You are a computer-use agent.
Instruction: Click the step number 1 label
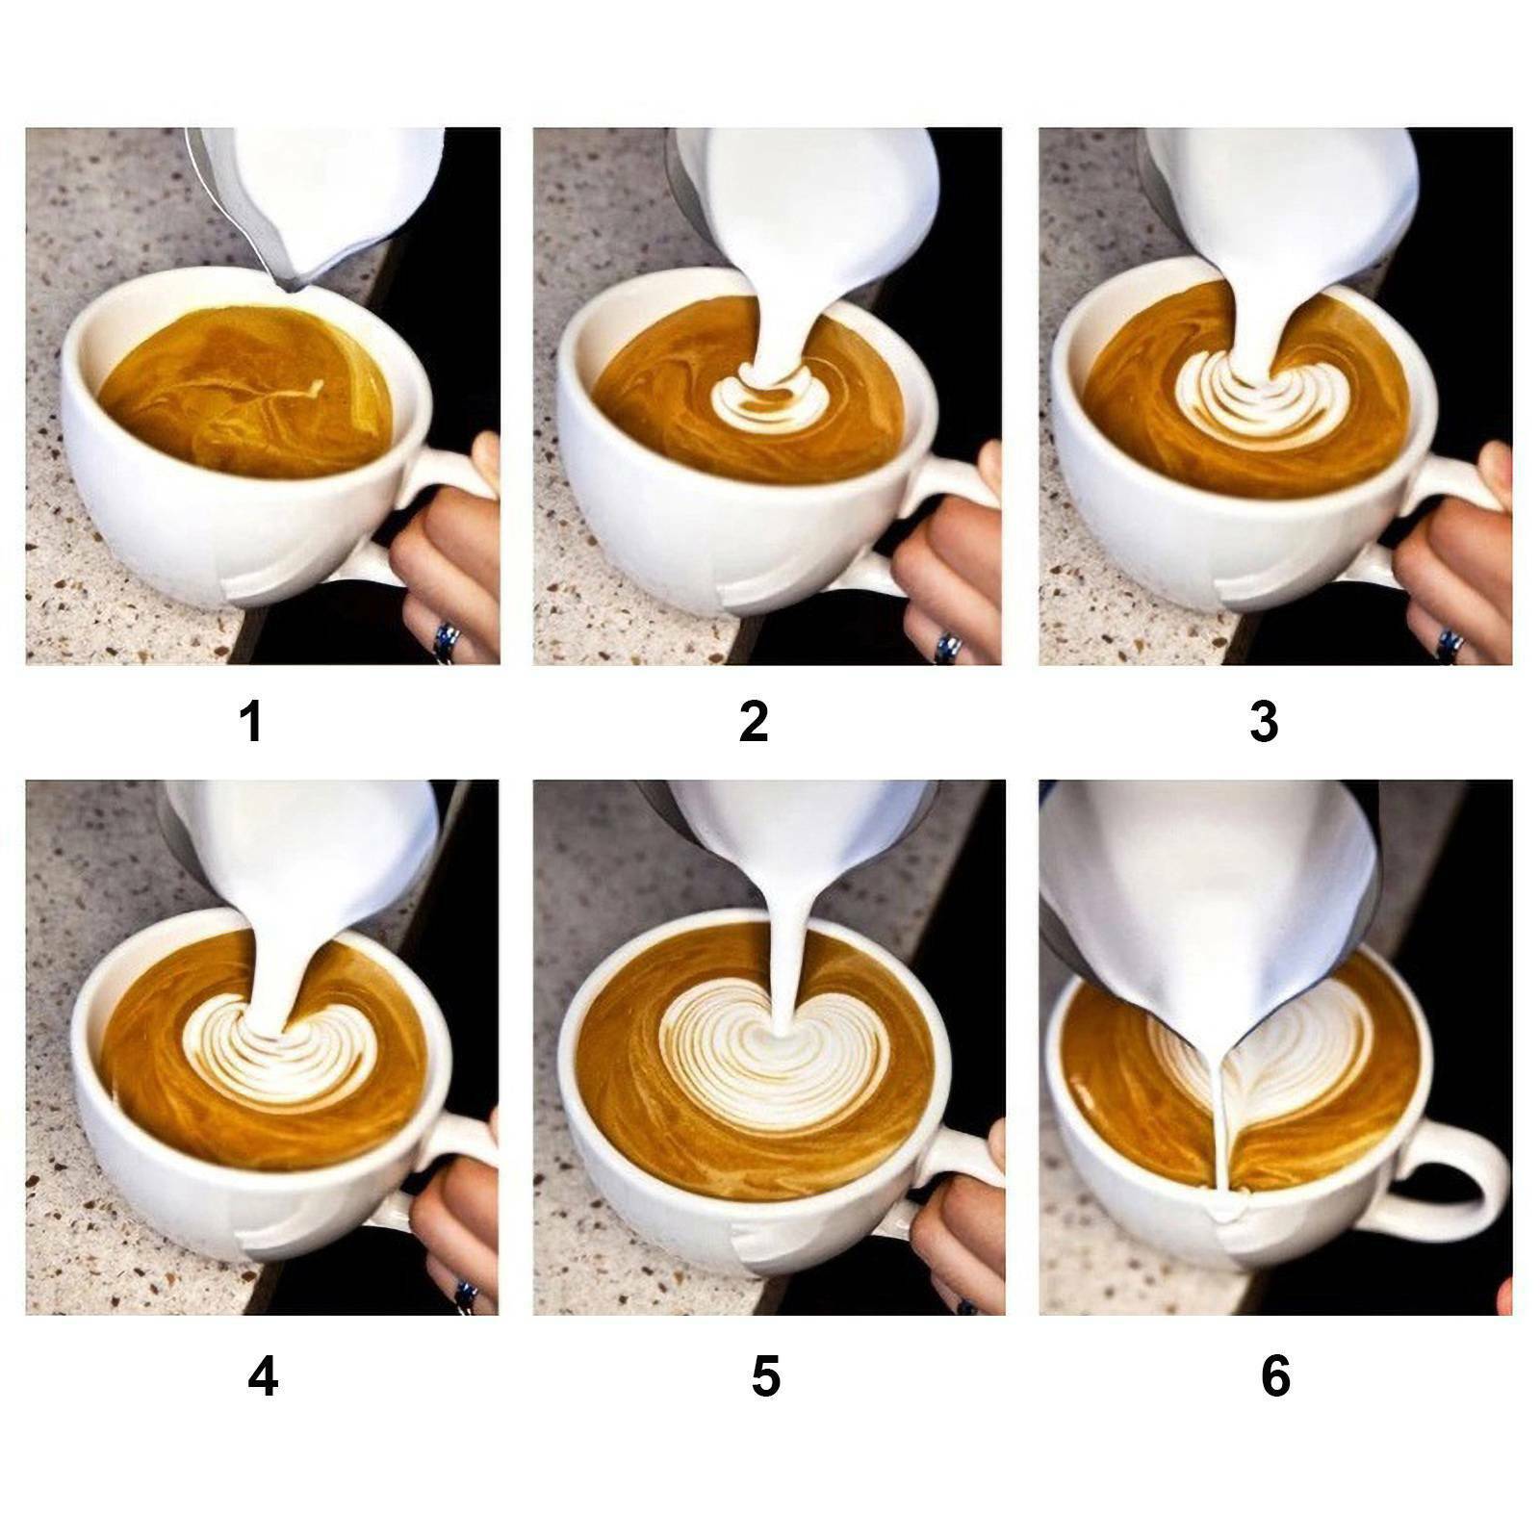point(252,722)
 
